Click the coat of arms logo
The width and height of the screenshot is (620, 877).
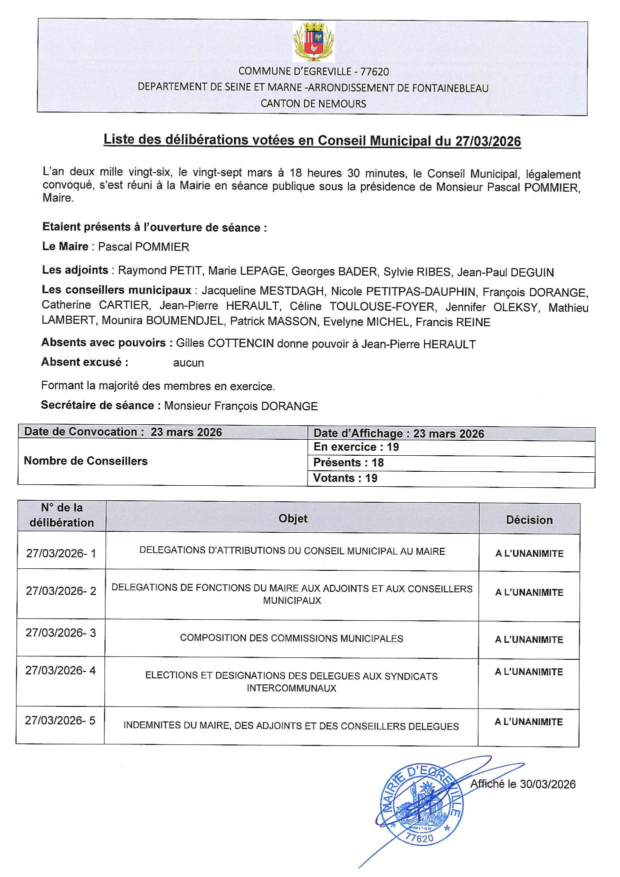[x=313, y=42]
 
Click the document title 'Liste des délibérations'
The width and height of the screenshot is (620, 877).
[x=312, y=141]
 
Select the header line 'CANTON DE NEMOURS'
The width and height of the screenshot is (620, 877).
[x=313, y=104]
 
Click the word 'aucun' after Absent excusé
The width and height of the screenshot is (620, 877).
[x=188, y=363]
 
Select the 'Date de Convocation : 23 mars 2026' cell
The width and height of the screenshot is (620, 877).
[x=123, y=432]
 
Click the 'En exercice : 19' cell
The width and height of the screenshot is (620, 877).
[x=356, y=447]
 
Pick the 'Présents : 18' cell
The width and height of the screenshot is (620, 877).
[x=348, y=463]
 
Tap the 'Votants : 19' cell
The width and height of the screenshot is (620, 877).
[x=345, y=478]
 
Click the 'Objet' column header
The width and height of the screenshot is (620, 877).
[x=293, y=519]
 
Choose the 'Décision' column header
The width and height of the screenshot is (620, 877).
[x=529, y=520]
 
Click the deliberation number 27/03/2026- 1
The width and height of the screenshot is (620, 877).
[x=61, y=553]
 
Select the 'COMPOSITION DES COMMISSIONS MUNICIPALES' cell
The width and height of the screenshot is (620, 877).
[x=291, y=638]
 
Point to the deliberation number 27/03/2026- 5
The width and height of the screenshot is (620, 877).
[x=60, y=721]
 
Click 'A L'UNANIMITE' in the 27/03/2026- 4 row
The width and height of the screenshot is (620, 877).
[x=529, y=672]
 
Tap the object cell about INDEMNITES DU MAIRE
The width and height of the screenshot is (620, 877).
[x=291, y=726]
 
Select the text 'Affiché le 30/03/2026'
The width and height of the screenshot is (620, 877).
[x=523, y=784]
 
